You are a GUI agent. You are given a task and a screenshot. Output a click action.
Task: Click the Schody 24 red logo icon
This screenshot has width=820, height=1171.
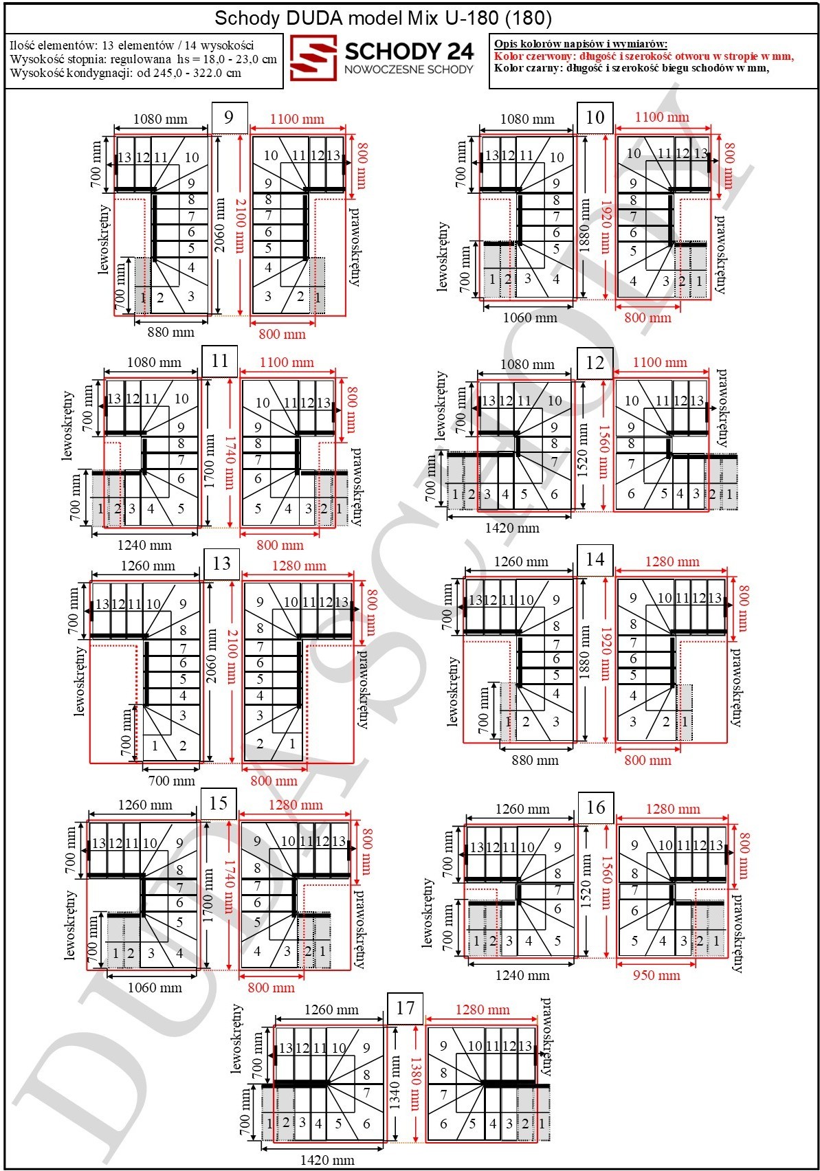click(313, 58)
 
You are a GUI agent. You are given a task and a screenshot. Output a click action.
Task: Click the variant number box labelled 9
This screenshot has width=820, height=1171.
click(229, 117)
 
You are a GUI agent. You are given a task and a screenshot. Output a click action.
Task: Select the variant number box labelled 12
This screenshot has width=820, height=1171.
click(595, 363)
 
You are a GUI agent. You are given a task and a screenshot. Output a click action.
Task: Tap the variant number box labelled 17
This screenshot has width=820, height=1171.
click(405, 1008)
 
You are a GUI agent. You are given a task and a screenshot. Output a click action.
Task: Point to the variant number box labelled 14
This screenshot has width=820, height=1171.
click(595, 560)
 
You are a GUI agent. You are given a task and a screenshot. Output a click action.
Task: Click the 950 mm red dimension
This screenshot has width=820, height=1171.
click(656, 975)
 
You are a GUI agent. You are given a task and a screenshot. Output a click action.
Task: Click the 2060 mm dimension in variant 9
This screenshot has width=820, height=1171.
click(220, 225)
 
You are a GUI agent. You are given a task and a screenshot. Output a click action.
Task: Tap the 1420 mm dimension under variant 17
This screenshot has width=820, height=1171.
click(327, 1160)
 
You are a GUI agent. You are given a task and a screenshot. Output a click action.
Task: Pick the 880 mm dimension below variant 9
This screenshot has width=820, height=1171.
click(170, 332)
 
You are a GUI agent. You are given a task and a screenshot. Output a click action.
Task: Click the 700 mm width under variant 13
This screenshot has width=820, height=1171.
click(172, 781)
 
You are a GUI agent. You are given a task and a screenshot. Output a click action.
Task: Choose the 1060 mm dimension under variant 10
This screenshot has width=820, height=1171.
click(530, 317)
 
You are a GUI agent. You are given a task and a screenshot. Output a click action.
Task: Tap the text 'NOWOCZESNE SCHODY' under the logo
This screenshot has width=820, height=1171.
click(408, 69)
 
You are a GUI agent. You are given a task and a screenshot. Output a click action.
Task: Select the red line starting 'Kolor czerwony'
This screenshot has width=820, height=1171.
click(644, 56)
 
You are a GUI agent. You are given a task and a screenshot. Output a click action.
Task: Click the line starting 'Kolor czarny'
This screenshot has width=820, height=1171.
click(632, 68)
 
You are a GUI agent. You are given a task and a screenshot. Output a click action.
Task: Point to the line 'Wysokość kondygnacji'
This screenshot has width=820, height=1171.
click(126, 73)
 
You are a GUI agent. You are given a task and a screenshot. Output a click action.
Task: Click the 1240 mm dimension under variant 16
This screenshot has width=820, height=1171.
click(522, 975)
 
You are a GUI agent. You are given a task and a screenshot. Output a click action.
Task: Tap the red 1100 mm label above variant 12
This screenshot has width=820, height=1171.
click(659, 362)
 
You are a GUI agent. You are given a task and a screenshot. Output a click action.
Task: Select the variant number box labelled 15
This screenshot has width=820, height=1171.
click(219, 803)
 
